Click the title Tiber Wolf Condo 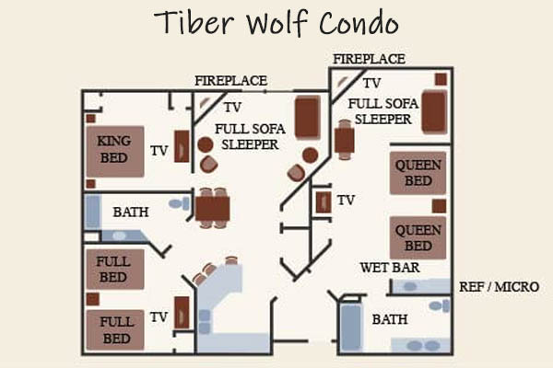tap(276, 23)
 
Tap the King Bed tap(115, 152)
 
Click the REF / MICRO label tap(499, 287)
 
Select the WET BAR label tap(390, 268)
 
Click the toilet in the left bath tap(179, 203)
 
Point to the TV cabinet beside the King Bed tap(182, 146)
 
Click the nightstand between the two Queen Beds tap(439, 206)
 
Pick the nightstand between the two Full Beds tap(93, 299)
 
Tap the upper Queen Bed tap(418, 173)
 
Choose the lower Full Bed tap(115, 330)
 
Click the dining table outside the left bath tap(213, 208)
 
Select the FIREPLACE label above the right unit tap(369, 59)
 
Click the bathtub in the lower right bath tap(351, 328)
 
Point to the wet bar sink tap(410, 286)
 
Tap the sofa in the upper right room tap(434, 112)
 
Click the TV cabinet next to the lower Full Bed tap(182, 313)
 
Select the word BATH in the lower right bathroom tap(390, 319)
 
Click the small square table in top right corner tap(441, 79)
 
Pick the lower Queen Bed tap(418, 237)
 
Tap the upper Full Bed tap(115, 270)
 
